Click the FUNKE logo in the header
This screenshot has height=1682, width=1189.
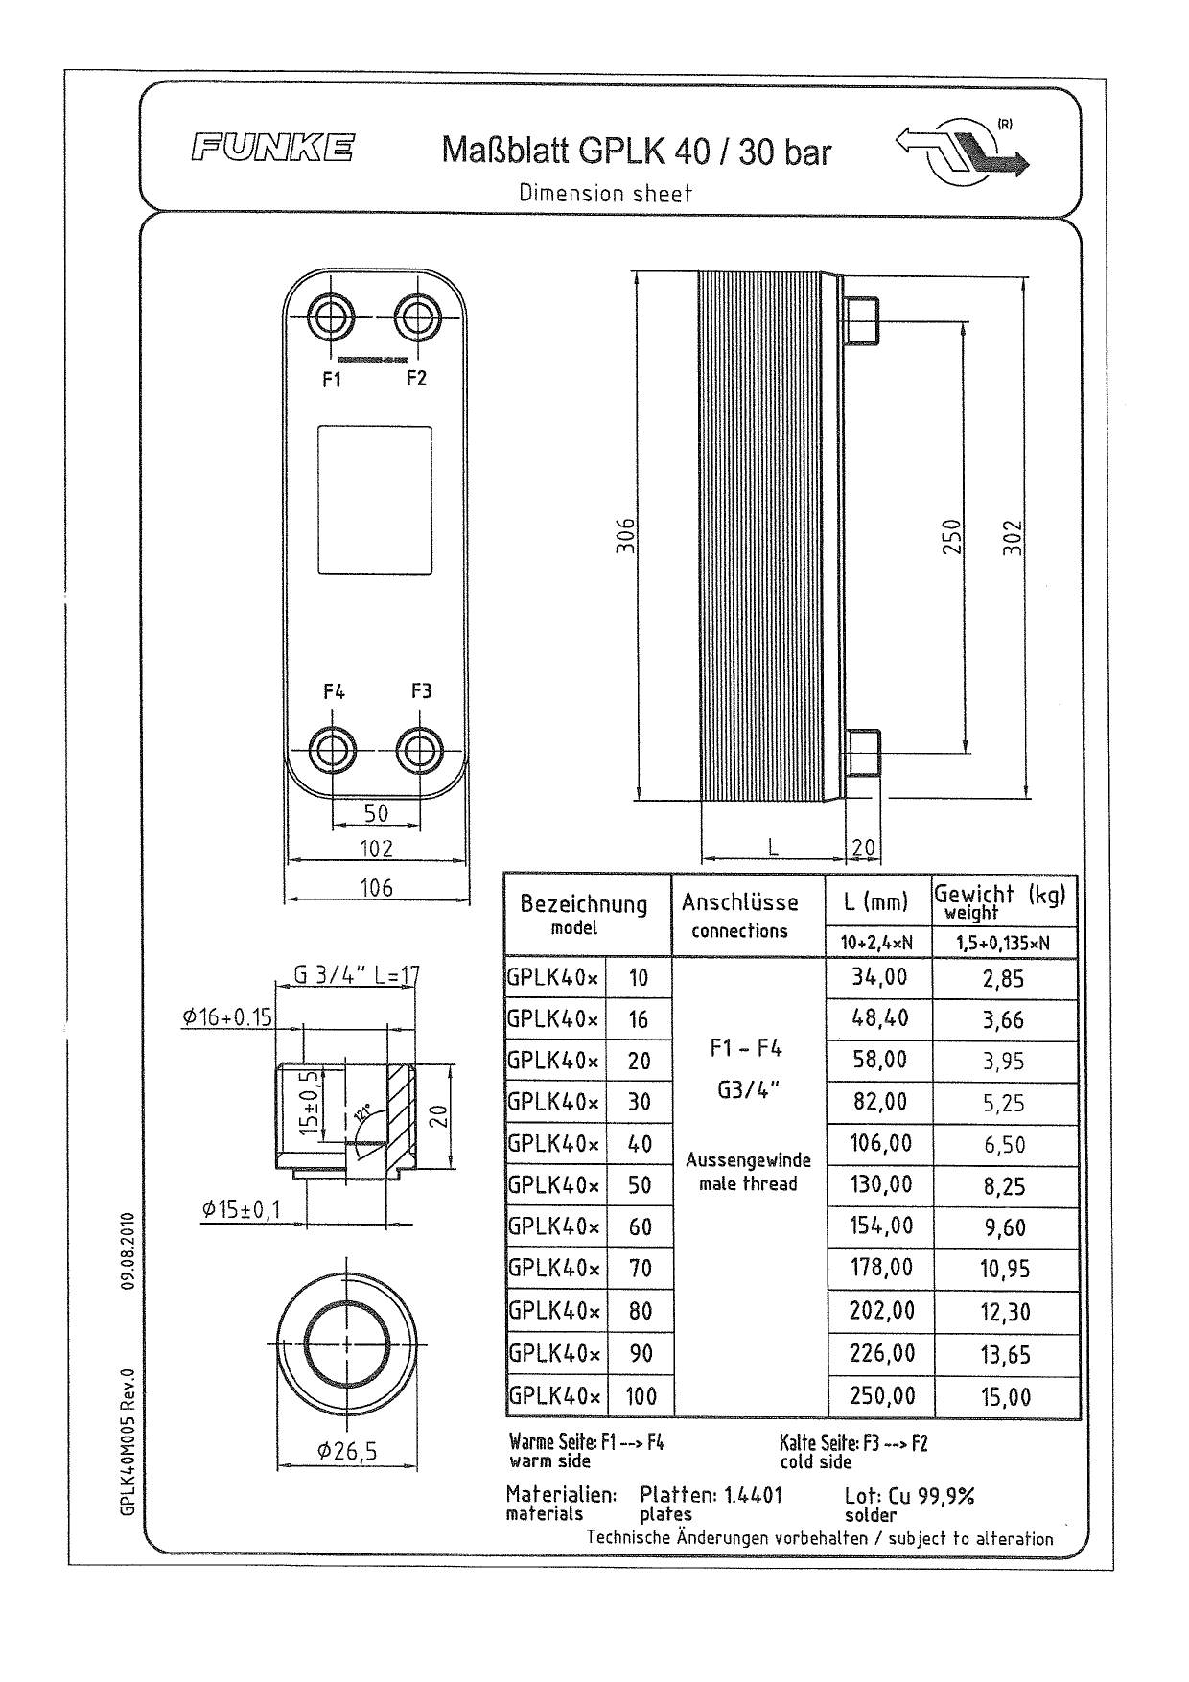272,149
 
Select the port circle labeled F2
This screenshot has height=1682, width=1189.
418,315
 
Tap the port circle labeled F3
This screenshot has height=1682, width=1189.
418,748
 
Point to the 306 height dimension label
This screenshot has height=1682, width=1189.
624,536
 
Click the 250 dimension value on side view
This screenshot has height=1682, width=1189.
950,536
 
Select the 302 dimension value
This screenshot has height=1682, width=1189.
1014,536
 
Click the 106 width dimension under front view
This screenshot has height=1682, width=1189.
376,888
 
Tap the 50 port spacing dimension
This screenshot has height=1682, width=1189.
376,813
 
